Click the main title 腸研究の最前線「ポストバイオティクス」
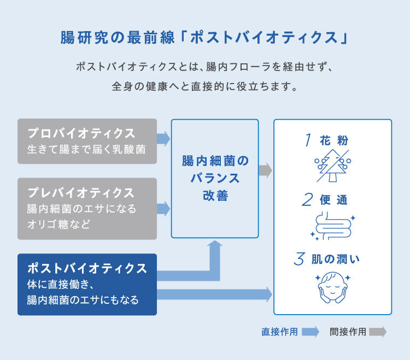click(x=204, y=37)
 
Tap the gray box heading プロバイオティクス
click(x=81, y=133)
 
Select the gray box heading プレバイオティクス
click(x=81, y=192)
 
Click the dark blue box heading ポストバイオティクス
click(x=87, y=268)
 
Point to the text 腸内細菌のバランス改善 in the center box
click(x=215, y=178)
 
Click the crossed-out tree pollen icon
click(x=332, y=166)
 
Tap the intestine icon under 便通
click(x=332, y=226)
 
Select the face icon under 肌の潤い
click(x=332, y=287)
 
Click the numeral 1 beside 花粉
click(x=308, y=140)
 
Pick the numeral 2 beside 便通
click(x=307, y=199)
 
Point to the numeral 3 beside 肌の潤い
click(x=299, y=259)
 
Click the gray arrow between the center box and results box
click(x=265, y=170)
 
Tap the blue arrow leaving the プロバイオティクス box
click(x=163, y=139)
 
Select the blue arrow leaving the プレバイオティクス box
click(x=163, y=209)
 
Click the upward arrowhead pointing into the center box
click(x=215, y=244)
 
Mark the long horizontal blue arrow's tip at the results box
click(x=272, y=294)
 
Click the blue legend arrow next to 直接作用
click(x=311, y=332)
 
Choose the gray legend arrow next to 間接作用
click(x=378, y=332)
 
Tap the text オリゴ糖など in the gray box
click(x=59, y=224)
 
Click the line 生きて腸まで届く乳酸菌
click(x=86, y=150)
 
